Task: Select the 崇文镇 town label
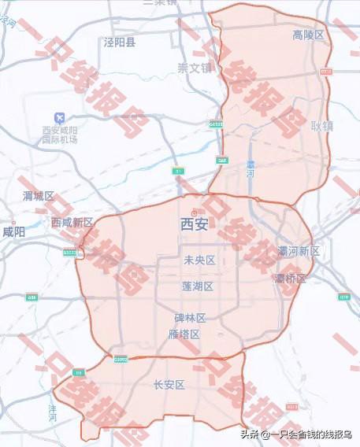click(x=195, y=68)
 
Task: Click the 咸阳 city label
click(x=13, y=232)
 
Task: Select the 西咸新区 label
click(x=72, y=223)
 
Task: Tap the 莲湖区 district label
click(x=197, y=286)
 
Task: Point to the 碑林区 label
click(x=190, y=318)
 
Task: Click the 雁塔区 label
click(x=184, y=334)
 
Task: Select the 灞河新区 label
click(x=299, y=251)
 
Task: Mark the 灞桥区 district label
click(x=291, y=278)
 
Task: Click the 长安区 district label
click(x=169, y=385)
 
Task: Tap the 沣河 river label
click(x=53, y=412)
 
